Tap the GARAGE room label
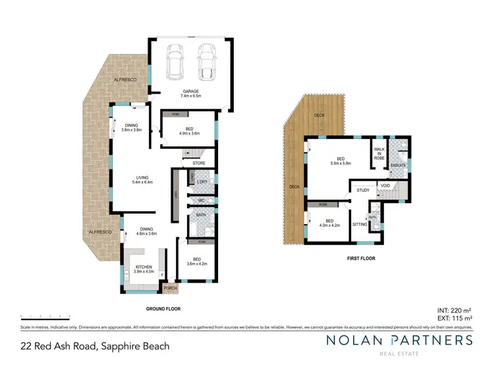[192, 92]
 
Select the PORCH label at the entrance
[171, 288]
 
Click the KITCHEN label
[144, 267]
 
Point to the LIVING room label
[142, 178]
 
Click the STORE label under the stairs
[199, 163]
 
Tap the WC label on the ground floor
[201, 201]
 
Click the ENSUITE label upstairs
[398, 165]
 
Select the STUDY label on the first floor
[363, 190]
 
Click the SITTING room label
[360, 225]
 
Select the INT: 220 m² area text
[453, 309]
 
